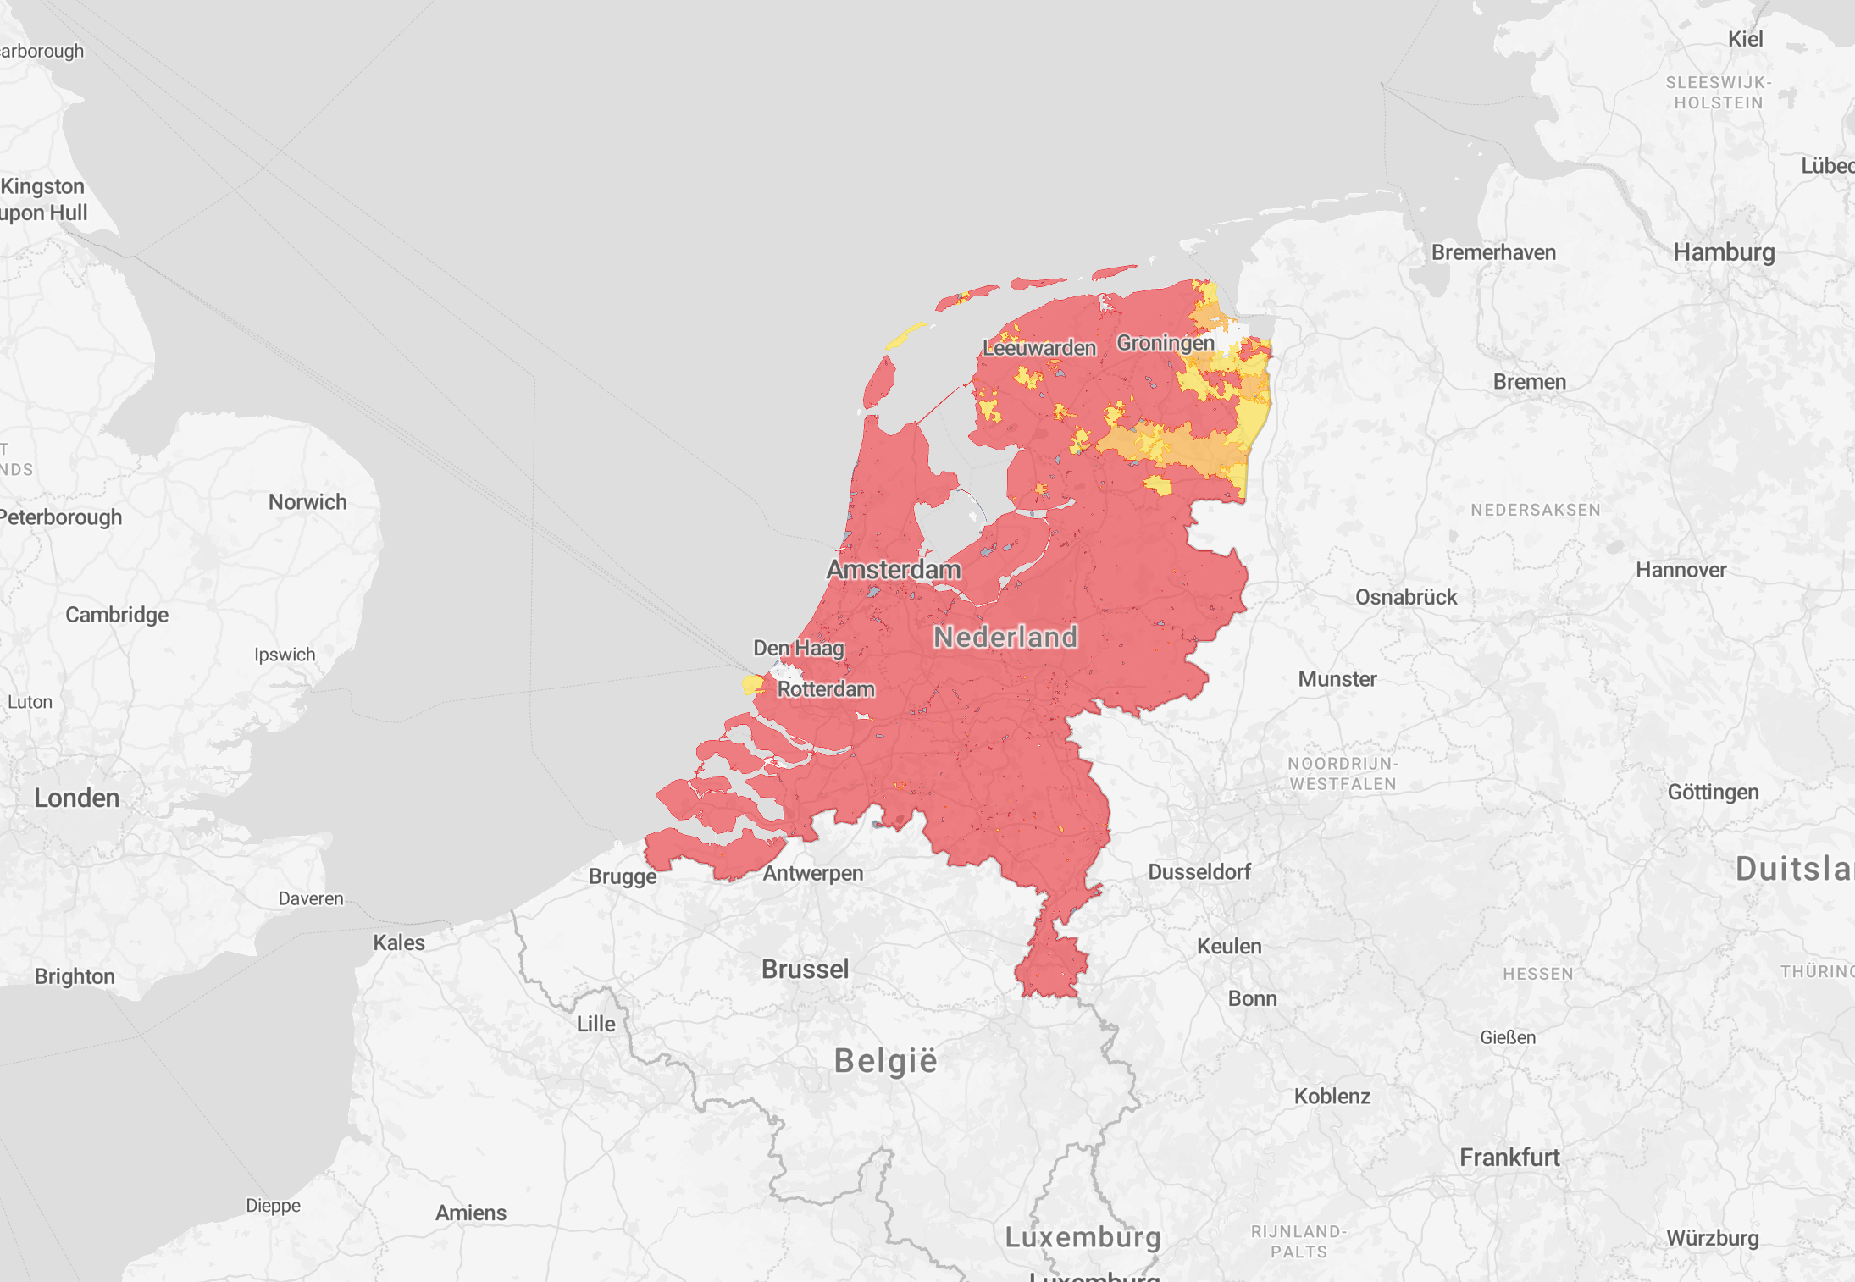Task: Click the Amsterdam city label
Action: [x=894, y=570]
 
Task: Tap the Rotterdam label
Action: [x=826, y=689]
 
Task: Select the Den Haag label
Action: [x=798, y=649]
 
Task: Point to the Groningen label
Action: [x=1165, y=343]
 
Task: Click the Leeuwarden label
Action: [x=1039, y=348]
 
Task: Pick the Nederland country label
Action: [x=1005, y=637]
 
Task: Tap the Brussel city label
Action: [x=805, y=969]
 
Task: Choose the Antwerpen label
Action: [x=813, y=873]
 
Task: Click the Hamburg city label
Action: [x=1724, y=252]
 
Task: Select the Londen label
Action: [x=76, y=798]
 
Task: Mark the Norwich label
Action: [x=307, y=502]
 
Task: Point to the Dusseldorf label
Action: [x=1199, y=872]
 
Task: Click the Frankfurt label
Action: [x=1509, y=1158]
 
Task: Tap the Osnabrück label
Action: [x=1406, y=597]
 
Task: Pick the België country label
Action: [x=886, y=1060]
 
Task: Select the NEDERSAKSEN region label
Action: [x=1536, y=510]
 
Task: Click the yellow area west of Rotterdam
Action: [x=752, y=684]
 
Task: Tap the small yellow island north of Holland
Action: [x=905, y=335]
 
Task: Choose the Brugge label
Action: [x=623, y=876]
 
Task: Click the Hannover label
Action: [x=1681, y=570]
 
